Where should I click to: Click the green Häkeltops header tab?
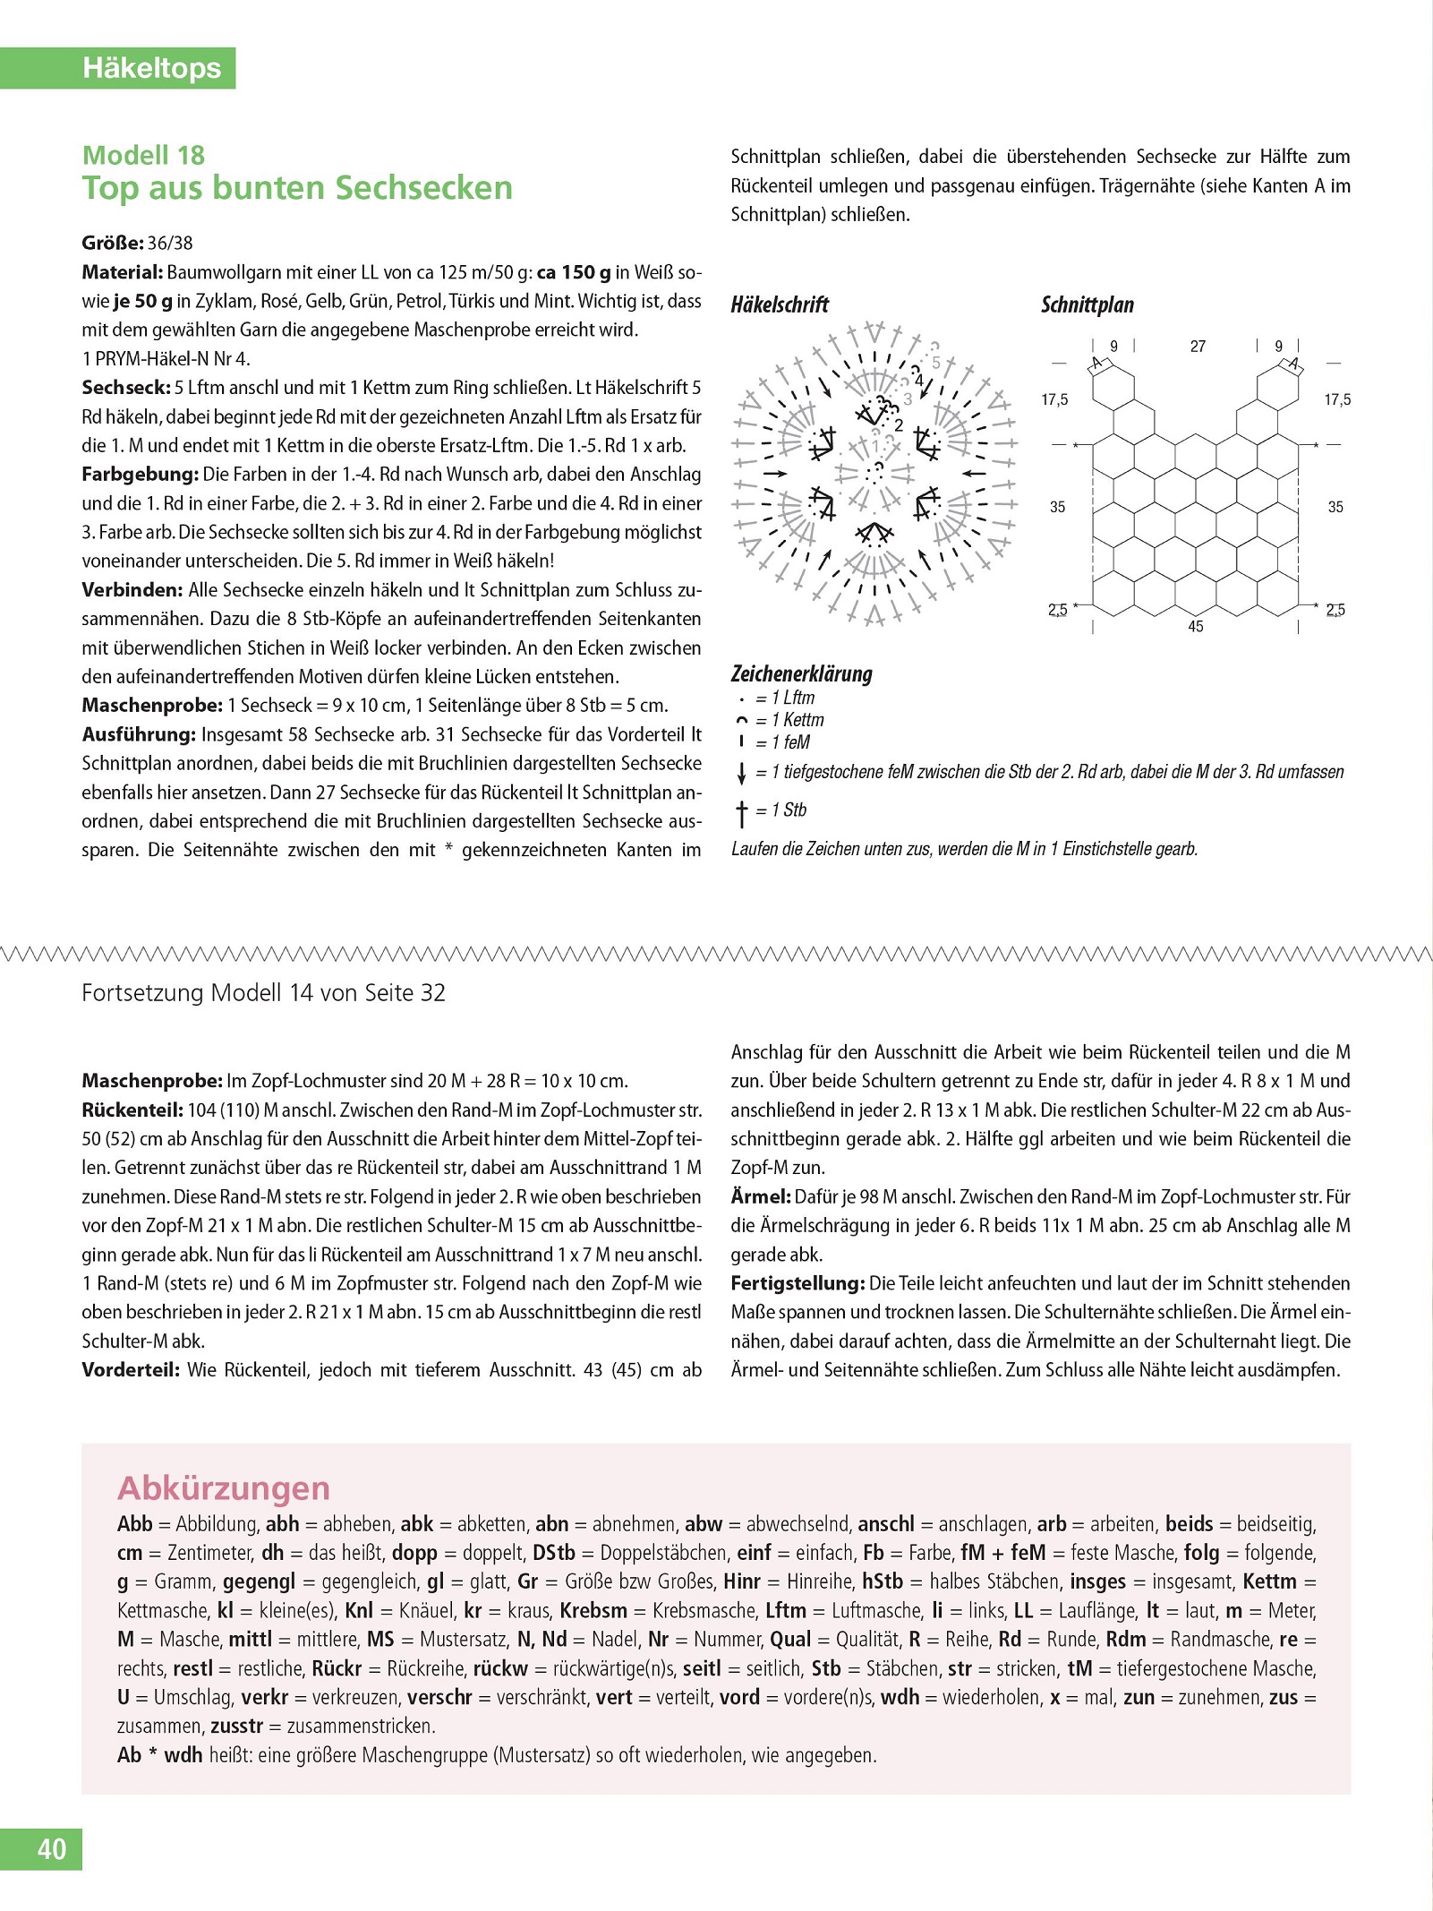(151, 68)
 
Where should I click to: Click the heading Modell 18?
(143, 155)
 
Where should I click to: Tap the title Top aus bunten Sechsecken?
(297, 188)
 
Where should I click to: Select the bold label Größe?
(113, 243)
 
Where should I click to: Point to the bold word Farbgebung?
(140, 474)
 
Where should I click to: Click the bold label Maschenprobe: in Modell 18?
(151, 705)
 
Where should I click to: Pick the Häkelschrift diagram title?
(780, 304)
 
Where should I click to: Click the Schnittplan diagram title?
(1087, 304)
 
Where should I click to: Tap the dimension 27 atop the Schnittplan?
(1198, 347)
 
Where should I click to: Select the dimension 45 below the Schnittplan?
(1196, 627)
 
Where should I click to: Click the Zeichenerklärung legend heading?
(801, 673)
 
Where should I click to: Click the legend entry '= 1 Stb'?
(780, 810)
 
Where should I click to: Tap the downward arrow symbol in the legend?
(741, 773)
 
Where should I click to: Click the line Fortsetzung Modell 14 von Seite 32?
(263, 992)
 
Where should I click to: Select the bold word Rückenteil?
(132, 1110)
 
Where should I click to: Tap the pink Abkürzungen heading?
(224, 1487)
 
